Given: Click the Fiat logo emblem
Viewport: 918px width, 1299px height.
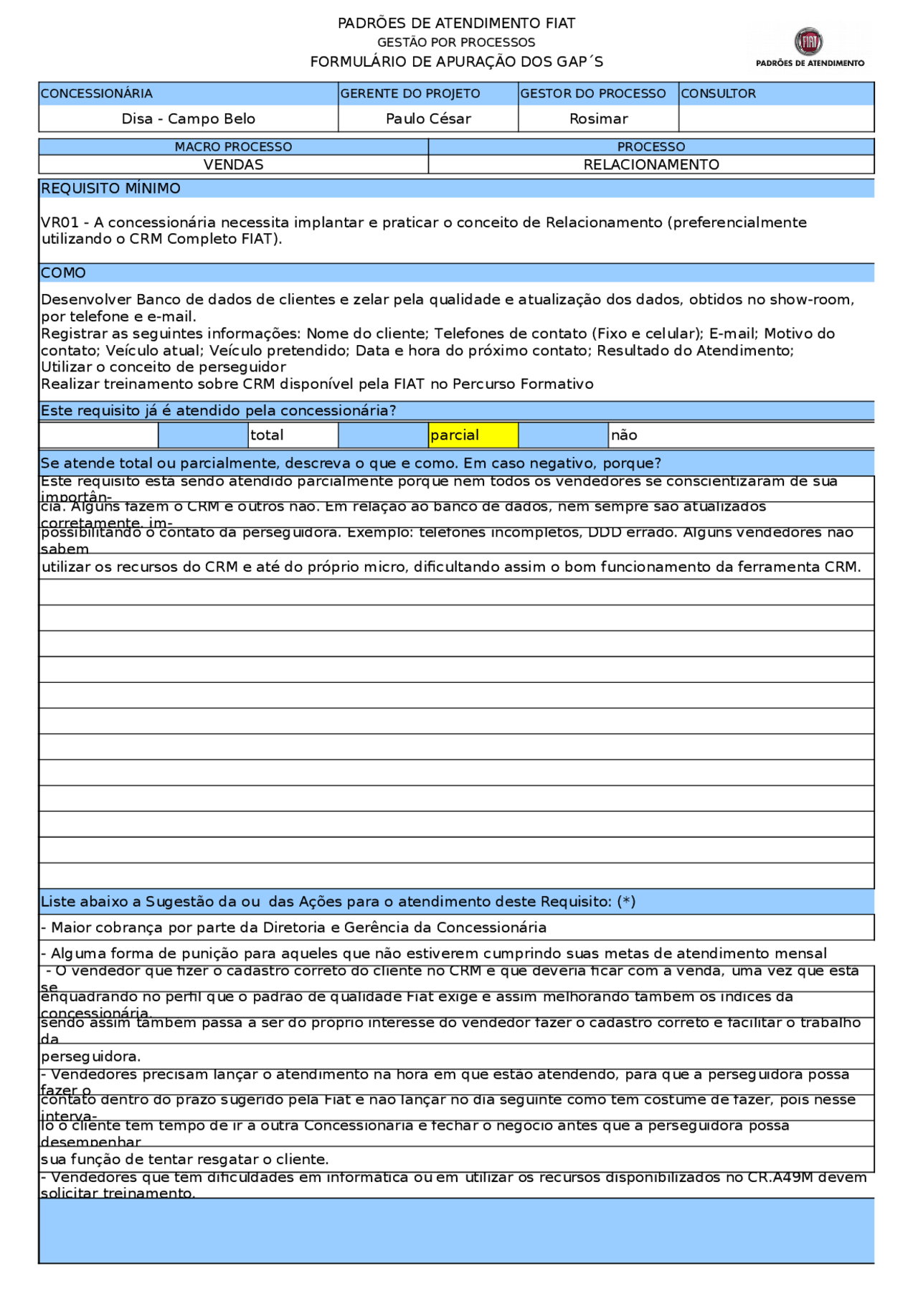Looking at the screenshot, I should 809,42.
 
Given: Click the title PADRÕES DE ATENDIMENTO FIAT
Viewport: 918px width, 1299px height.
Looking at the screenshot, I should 456,23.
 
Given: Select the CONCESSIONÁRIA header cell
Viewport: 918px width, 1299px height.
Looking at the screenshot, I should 97,94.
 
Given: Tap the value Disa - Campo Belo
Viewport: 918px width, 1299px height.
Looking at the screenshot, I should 189,119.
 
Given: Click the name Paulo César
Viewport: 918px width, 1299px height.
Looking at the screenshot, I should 428,119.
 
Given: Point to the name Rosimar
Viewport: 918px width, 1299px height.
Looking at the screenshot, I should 598,119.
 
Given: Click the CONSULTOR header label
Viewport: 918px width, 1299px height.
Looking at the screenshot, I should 718,94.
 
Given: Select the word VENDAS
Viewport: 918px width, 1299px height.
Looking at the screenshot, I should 234,165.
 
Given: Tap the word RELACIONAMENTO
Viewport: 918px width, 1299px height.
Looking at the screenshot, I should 651,165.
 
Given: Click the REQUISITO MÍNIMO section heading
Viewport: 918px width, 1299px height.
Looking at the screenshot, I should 110,189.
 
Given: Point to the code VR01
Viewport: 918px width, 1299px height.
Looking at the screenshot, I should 60,222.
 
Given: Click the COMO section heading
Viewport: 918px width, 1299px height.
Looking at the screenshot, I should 63,273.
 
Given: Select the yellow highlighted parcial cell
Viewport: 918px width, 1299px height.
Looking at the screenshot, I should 473,435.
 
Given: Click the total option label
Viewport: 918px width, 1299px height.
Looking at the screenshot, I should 267,435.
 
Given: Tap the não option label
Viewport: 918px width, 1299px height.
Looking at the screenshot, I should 624,435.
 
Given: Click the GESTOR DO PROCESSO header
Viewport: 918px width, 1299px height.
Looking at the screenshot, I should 593,94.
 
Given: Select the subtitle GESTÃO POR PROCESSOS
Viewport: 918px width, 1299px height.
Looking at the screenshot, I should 456,42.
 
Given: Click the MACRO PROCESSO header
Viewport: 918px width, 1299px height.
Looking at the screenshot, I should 234,147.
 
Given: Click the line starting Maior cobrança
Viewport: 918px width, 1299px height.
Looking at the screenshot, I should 294,928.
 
